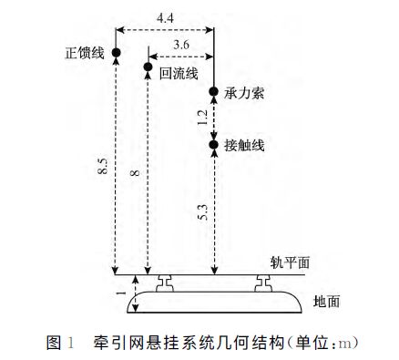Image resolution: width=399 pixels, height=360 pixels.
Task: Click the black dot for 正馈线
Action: (x=116, y=53)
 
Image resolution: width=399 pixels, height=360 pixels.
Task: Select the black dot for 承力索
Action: (x=213, y=92)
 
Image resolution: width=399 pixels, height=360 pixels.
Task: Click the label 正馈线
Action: (x=85, y=53)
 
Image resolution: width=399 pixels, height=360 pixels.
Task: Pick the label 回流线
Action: (x=179, y=74)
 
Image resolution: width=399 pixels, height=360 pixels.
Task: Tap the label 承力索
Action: (x=245, y=95)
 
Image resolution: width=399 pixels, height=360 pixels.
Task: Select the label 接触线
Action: (x=245, y=144)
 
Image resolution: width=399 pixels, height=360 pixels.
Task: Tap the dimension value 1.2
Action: (x=201, y=117)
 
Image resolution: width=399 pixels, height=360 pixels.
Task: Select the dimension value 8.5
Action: (x=105, y=167)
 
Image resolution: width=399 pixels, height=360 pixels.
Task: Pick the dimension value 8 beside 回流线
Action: (x=136, y=171)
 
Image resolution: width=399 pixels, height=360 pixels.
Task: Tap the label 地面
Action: (x=325, y=300)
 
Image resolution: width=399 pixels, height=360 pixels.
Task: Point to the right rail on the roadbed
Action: (x=263, y=282)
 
